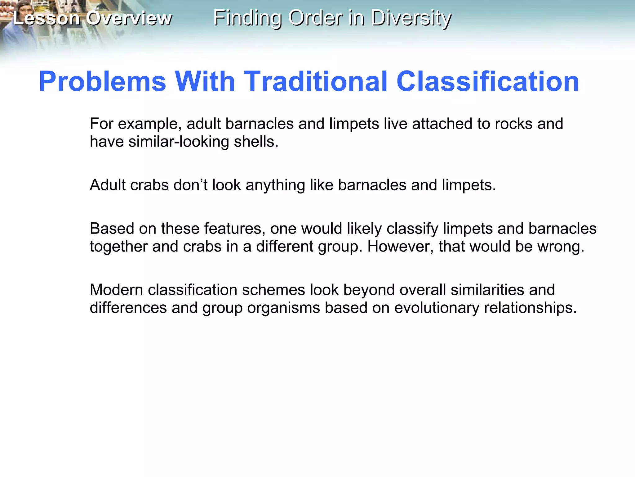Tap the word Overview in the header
click(x=129, y=18)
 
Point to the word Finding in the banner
click(x=247, y=18)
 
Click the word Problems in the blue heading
click(x=103, y=81)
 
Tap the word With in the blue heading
click(x=205, y=81)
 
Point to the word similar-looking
click(x=179, y=142)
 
